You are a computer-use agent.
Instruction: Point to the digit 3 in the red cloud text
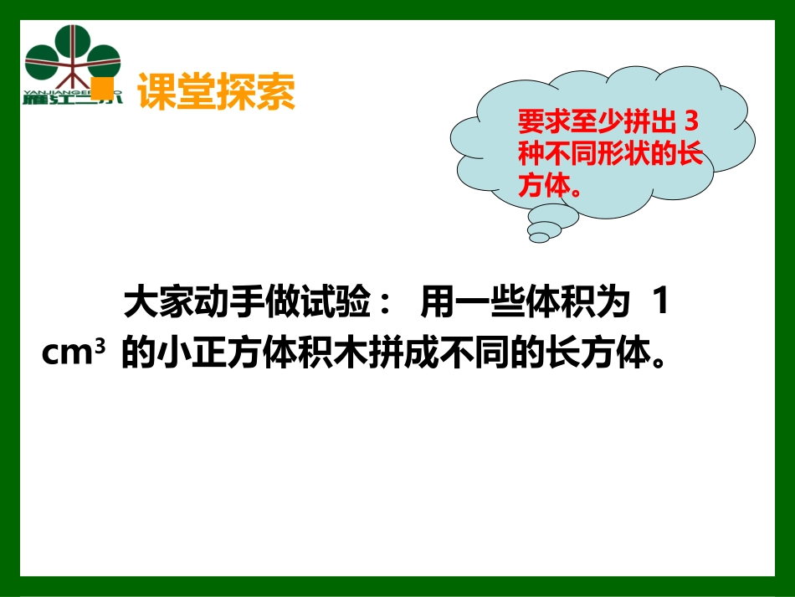[x=690, y=123]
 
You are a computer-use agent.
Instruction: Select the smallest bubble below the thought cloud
[x=540, y=238]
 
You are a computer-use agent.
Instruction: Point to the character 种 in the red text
[x=529, y=155]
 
